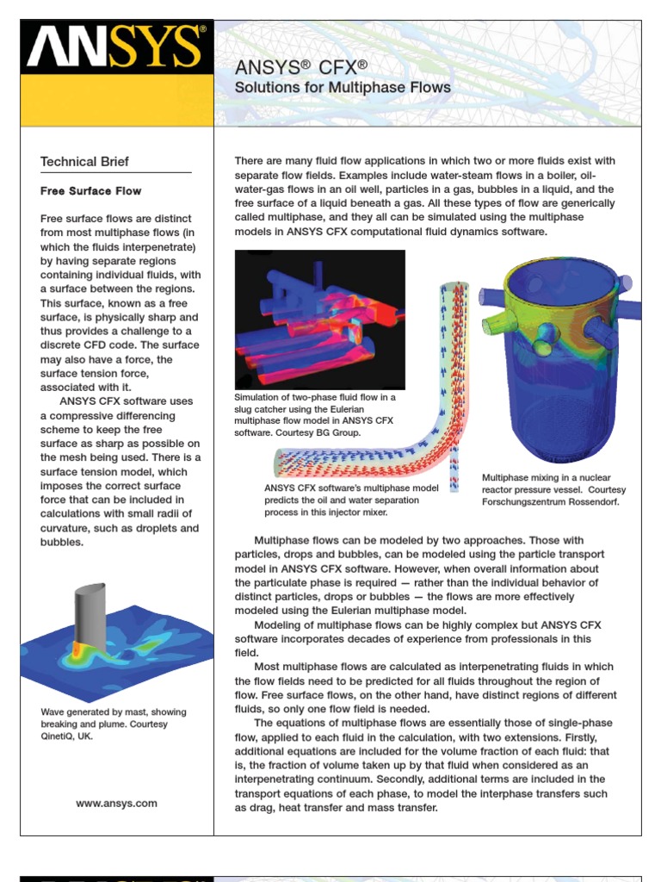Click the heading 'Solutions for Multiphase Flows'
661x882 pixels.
[x=343, y=88]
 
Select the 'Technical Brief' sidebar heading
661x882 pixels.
[x=85, y=161]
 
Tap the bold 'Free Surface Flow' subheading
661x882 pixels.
[x=91, y=191]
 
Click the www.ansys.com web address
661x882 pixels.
[x=116, y=803]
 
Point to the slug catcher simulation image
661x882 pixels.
[x=319, y=320]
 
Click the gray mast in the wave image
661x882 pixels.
[x=91, y=615]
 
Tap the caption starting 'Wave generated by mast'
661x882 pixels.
[x=114, y=712]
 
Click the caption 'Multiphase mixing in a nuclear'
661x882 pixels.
[x=546, y=477]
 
